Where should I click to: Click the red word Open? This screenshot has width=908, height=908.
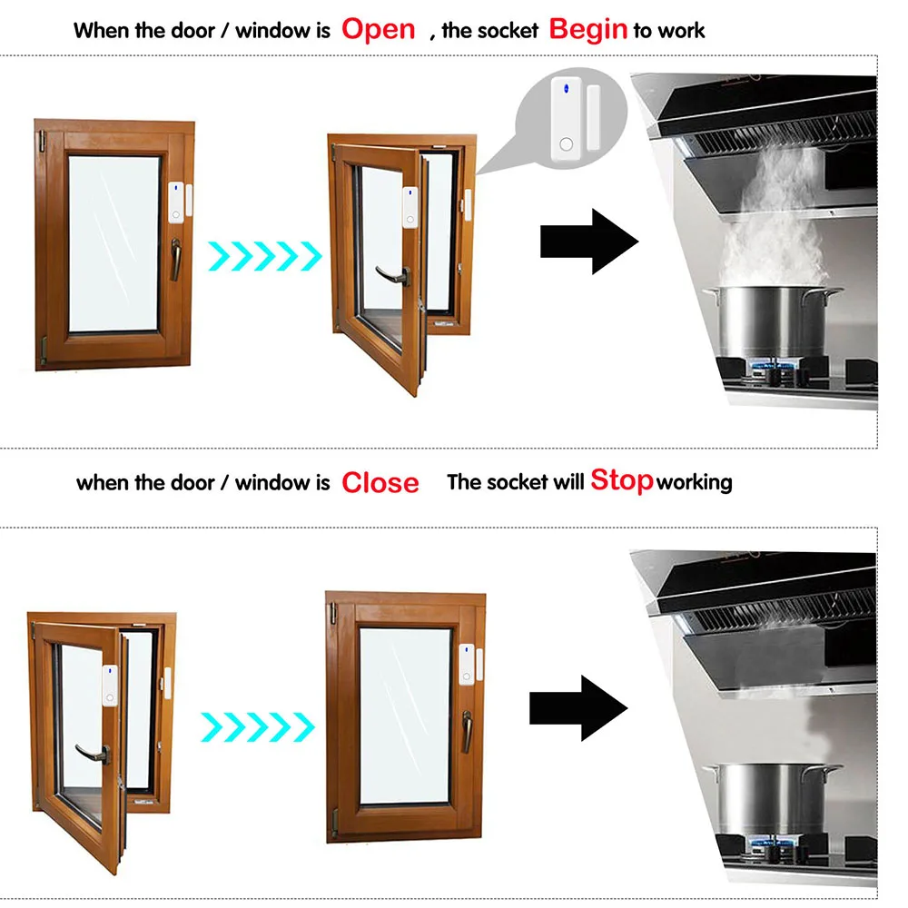378,29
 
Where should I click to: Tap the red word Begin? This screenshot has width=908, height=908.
588,29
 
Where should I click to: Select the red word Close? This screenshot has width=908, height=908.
380,482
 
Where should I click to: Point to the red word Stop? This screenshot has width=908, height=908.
622,479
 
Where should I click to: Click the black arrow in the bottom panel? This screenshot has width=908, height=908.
578,706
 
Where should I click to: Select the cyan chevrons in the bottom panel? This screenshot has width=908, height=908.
256,724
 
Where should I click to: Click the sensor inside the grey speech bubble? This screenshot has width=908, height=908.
567,120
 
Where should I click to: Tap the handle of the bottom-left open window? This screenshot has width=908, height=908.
93,750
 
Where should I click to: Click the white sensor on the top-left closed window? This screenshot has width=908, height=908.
175,202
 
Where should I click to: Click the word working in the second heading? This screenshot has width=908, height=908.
694,481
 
